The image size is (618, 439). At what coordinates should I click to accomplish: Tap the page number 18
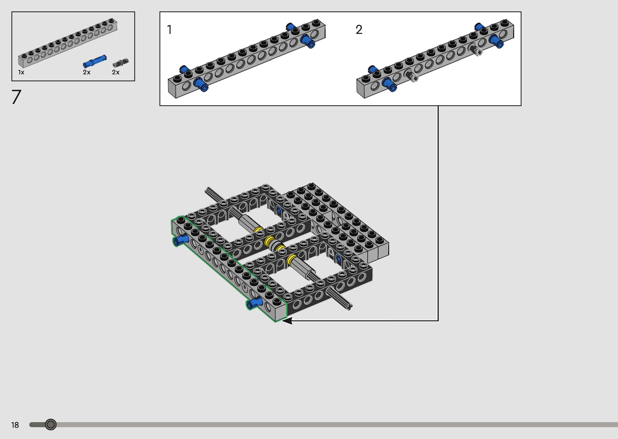click(15, 425)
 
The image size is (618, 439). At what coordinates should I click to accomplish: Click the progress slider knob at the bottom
click(51, 424)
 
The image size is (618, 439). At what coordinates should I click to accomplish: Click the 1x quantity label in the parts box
click(21, 72)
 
